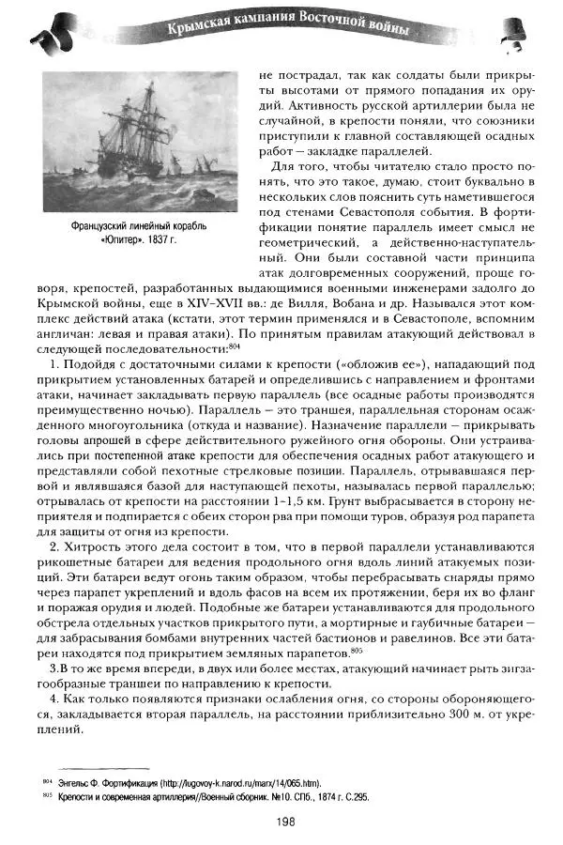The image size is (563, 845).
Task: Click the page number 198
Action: pyautogui.click(x=286, y=822)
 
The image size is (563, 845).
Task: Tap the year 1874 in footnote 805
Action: pyautogui.click(x=312, y=795)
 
